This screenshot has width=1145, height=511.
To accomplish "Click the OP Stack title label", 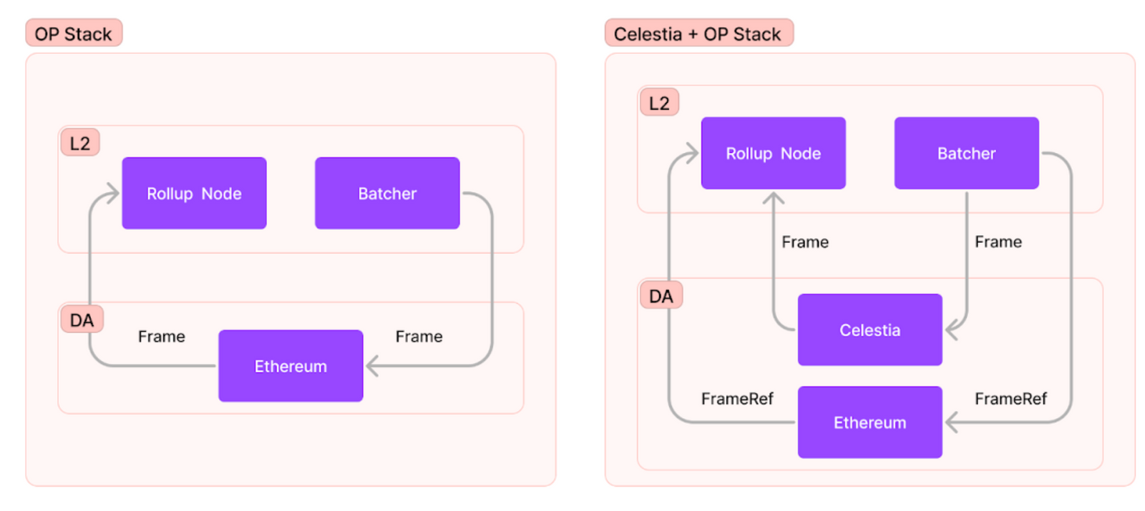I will click(x=74, y=34).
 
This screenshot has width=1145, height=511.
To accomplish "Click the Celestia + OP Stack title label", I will click(x=698, y=34).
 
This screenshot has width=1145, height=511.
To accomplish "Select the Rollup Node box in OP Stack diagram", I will click(x=194, y=193).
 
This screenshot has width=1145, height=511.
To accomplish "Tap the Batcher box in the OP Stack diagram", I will click(x=387, y=193).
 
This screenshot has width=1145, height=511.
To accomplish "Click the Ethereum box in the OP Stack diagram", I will click(x=291, y=366).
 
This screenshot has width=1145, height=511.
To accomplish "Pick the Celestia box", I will click(x=869, y=329).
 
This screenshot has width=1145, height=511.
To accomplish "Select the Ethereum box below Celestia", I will click(x=869, y=422).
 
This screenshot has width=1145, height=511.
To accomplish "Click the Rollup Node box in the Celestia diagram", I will click(x=773, y=153).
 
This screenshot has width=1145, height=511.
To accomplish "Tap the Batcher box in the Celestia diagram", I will click(x=966, y=153).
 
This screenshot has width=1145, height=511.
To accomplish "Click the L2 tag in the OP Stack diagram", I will click(x=80, y=143).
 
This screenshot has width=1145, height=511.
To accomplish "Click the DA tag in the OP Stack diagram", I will click(x=82, y=319).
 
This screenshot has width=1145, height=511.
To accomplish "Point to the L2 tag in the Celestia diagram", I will click(x=659, y=103).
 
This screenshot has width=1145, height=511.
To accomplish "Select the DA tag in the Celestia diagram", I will click(x=661, y=296).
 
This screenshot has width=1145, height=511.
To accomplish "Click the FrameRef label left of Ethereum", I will click(x=737, y=399).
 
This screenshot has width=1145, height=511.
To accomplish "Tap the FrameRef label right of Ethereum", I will click(x=1010, y=399).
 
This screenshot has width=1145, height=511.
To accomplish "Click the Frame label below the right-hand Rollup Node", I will click(x=805, y=242).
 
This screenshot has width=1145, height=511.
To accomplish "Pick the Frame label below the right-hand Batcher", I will click(x=998, y=242).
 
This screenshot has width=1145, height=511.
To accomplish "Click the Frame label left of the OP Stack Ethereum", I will click(x=162, y=337).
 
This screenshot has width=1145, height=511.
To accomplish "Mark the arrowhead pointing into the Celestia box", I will click(x=951, y=329).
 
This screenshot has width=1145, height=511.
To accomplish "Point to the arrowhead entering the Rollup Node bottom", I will click(x=773, y=197).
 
